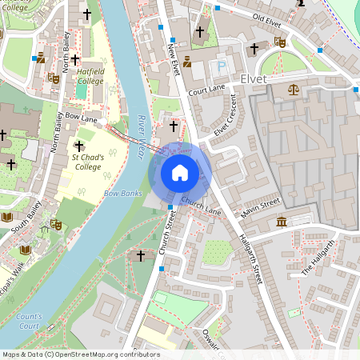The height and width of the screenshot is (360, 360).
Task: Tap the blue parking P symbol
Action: pyautogui.click(x=222, y=66)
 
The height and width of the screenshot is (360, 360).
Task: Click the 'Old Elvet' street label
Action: pyautogui.click(x=268, y=17)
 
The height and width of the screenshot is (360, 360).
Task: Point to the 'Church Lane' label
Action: pyautogui.click(x=200, y=206)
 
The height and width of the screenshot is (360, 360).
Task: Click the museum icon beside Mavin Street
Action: pyautogui.click(x=281, y=222)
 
